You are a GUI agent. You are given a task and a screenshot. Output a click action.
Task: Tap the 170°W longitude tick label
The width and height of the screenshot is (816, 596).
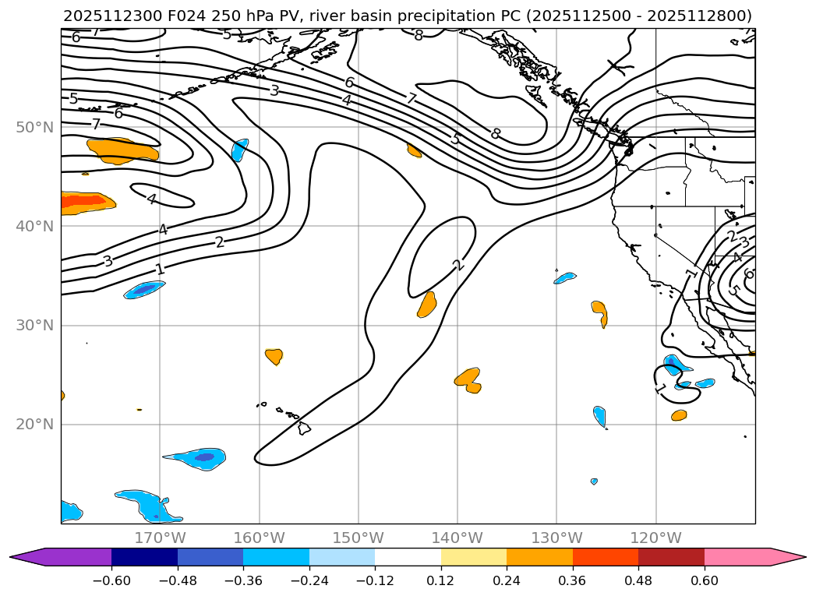(160, 538)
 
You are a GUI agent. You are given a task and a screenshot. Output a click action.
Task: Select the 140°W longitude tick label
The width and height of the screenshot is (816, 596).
(457, 538)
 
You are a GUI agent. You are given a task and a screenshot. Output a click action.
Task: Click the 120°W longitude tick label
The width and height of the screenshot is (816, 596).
(655, 538)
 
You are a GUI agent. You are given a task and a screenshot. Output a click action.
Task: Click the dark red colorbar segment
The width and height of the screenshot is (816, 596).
(671, 557)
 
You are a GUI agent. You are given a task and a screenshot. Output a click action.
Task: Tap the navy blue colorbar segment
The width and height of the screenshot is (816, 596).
(144, 557)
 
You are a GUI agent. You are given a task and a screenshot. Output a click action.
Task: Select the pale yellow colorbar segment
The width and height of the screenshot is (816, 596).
(474, 557)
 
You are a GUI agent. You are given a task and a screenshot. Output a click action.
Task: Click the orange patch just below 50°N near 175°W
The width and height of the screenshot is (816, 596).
(121, 149)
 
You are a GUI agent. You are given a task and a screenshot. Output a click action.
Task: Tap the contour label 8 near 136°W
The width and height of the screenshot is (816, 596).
(495, 134)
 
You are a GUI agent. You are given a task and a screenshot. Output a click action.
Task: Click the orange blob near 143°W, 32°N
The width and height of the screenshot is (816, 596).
(426, 305)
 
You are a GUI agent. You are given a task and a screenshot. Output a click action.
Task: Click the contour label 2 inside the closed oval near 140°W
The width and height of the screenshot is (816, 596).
(458, 265)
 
